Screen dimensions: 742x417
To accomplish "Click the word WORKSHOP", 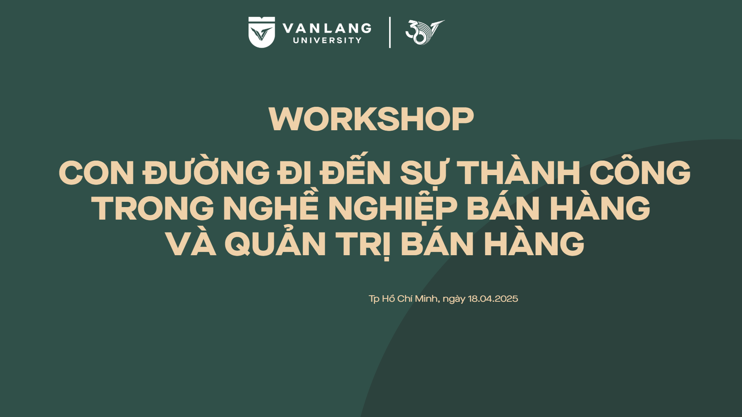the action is pos(371,119).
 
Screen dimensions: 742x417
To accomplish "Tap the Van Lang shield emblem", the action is pos(261,32).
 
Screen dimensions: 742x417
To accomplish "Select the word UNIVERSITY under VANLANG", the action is pos(327,40).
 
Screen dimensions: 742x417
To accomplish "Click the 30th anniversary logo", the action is pos(425,32).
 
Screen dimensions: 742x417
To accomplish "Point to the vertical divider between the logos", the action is pos(390,32).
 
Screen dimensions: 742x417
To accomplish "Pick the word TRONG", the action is pos(154,208).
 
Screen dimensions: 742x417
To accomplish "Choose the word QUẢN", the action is pos(275,243).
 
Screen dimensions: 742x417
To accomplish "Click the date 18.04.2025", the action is pos(493,299).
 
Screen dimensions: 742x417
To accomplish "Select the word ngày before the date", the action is pos(454,299).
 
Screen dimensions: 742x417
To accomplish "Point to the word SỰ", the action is pos(424,173).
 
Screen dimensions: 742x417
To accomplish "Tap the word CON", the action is pos(97,173).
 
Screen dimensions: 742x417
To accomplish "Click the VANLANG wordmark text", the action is pos(327,28).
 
